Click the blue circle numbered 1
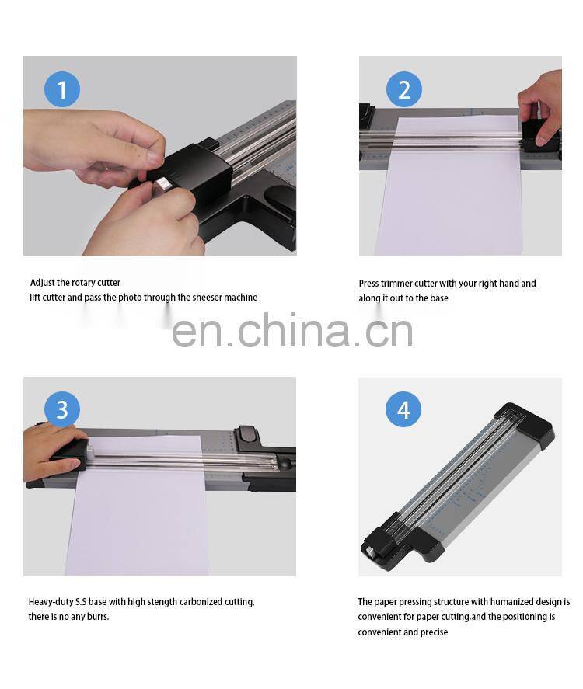[x=62, y=90]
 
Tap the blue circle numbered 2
[x=403, y=90]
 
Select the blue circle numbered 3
[x=62, y=409]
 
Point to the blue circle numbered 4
[x=403, y=409]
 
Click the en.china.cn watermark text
[x=291, y=330]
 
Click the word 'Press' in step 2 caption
[x=369, y=284]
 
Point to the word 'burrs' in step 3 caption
[x=97, y=616]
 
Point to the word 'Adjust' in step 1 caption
[x=43, y=283]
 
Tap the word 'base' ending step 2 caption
[x=439, y=298]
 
